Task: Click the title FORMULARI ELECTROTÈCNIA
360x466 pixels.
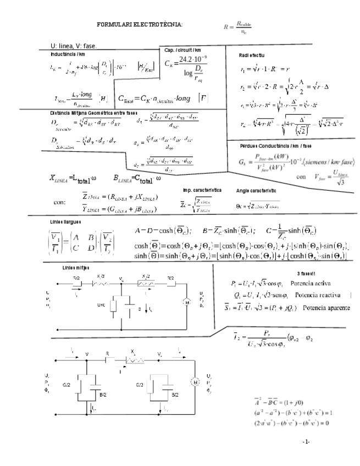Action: pos(140,25)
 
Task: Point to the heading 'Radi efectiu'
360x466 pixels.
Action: pos(251,56)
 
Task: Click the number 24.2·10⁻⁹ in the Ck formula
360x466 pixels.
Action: pos(193,58)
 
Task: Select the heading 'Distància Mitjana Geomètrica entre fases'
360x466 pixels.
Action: pos(93,113)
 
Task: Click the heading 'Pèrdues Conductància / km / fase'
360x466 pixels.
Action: pos(275,146)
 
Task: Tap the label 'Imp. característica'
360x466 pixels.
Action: pos(202,190)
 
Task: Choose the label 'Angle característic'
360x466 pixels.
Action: pos(256,191)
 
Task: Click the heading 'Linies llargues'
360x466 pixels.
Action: pos(65,221)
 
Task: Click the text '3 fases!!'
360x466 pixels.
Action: pos(305,273)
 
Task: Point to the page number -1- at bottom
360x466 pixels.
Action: pos(307,441)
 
